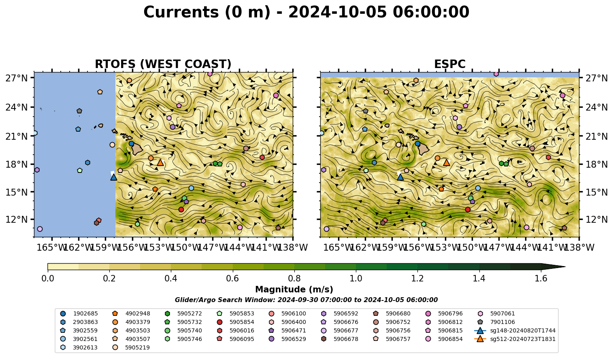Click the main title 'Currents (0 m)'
pos(207,12)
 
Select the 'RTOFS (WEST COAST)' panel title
pos(163,64)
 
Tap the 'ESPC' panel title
pos(449,64)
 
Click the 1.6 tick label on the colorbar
pos(541,279)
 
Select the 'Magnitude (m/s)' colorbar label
pos(294,290)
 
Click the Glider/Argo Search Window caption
pos(306,300)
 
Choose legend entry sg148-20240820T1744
pos(515,330)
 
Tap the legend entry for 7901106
pos(497,322)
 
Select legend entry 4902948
pos(132,313)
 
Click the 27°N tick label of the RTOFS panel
pos(17,78)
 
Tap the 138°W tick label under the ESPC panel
pos(579,247)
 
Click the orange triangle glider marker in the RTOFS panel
pos(160,163)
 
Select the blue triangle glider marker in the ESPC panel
pos(400,177)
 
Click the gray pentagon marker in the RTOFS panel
pos(79,111)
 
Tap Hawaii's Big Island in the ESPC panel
pos(424,149)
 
